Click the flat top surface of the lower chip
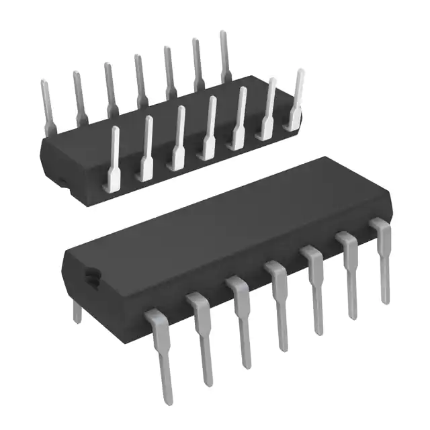pos(215,222)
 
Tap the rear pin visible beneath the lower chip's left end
pos(77,310)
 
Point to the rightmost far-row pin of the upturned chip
pos(225,54)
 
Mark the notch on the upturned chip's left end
pos(59,179)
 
